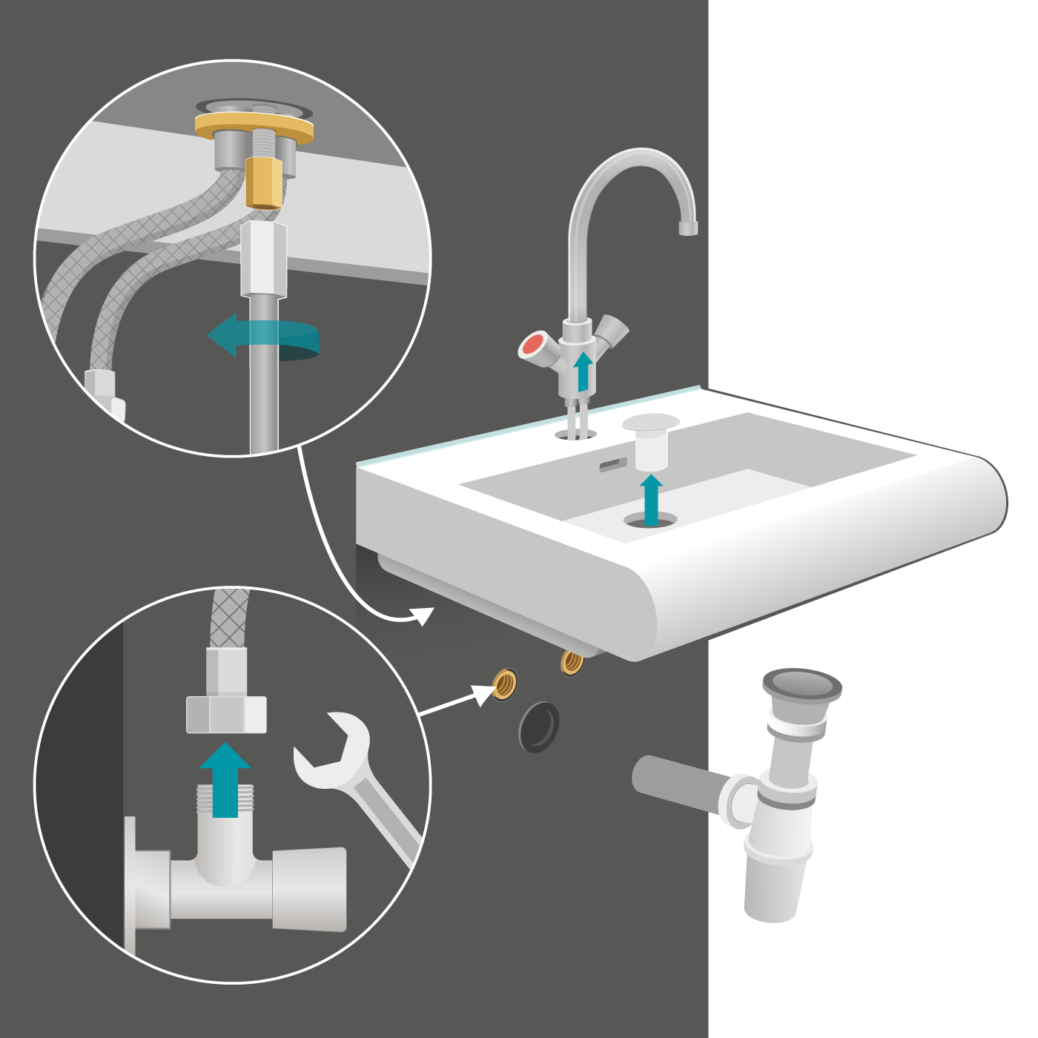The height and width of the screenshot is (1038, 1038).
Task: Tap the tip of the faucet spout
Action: coord(688,228)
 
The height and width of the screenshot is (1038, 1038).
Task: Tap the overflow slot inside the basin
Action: coord(613,465)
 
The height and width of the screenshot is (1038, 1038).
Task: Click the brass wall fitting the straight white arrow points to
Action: coord(505,684)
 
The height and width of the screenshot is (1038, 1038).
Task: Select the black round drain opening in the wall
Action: coord(539,727)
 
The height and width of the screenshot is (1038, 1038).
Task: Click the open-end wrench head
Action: coord(334,749)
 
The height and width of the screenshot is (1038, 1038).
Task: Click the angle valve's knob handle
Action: coord(310,888)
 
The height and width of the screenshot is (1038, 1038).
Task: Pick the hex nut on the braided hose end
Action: coord(225,714)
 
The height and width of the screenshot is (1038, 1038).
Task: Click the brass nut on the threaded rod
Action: coord(265,182)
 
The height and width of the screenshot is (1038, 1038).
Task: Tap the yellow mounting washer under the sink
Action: coord(254,128)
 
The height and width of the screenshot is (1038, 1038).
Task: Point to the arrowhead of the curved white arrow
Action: coord(423,615)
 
